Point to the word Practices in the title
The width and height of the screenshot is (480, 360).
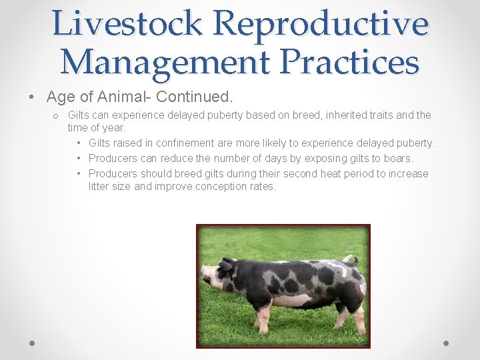tap(349, 62)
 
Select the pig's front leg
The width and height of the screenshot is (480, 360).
tap(263, 319)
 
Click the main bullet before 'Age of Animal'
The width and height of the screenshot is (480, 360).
tap(32, 97)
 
